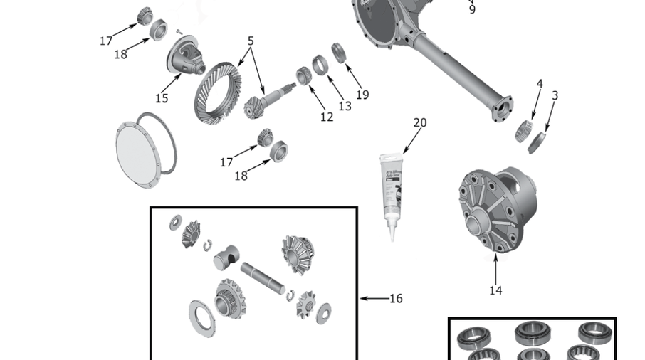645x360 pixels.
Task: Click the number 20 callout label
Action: (420, 122)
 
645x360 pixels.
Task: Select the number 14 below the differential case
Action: (495, 290)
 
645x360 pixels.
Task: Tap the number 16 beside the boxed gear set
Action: (395, 298)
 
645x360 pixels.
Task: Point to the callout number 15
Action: (162, 98)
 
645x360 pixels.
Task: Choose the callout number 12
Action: (327, 117)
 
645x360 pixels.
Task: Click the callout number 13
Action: (345, 106)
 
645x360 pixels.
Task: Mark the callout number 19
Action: (362, 94)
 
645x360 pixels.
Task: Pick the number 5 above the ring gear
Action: (251, 41)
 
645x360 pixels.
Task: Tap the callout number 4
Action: (540, 84)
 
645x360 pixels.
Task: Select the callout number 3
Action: (555, 95)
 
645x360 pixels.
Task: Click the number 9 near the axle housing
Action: (472, 10)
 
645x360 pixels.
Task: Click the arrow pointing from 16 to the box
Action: (372, 298)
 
